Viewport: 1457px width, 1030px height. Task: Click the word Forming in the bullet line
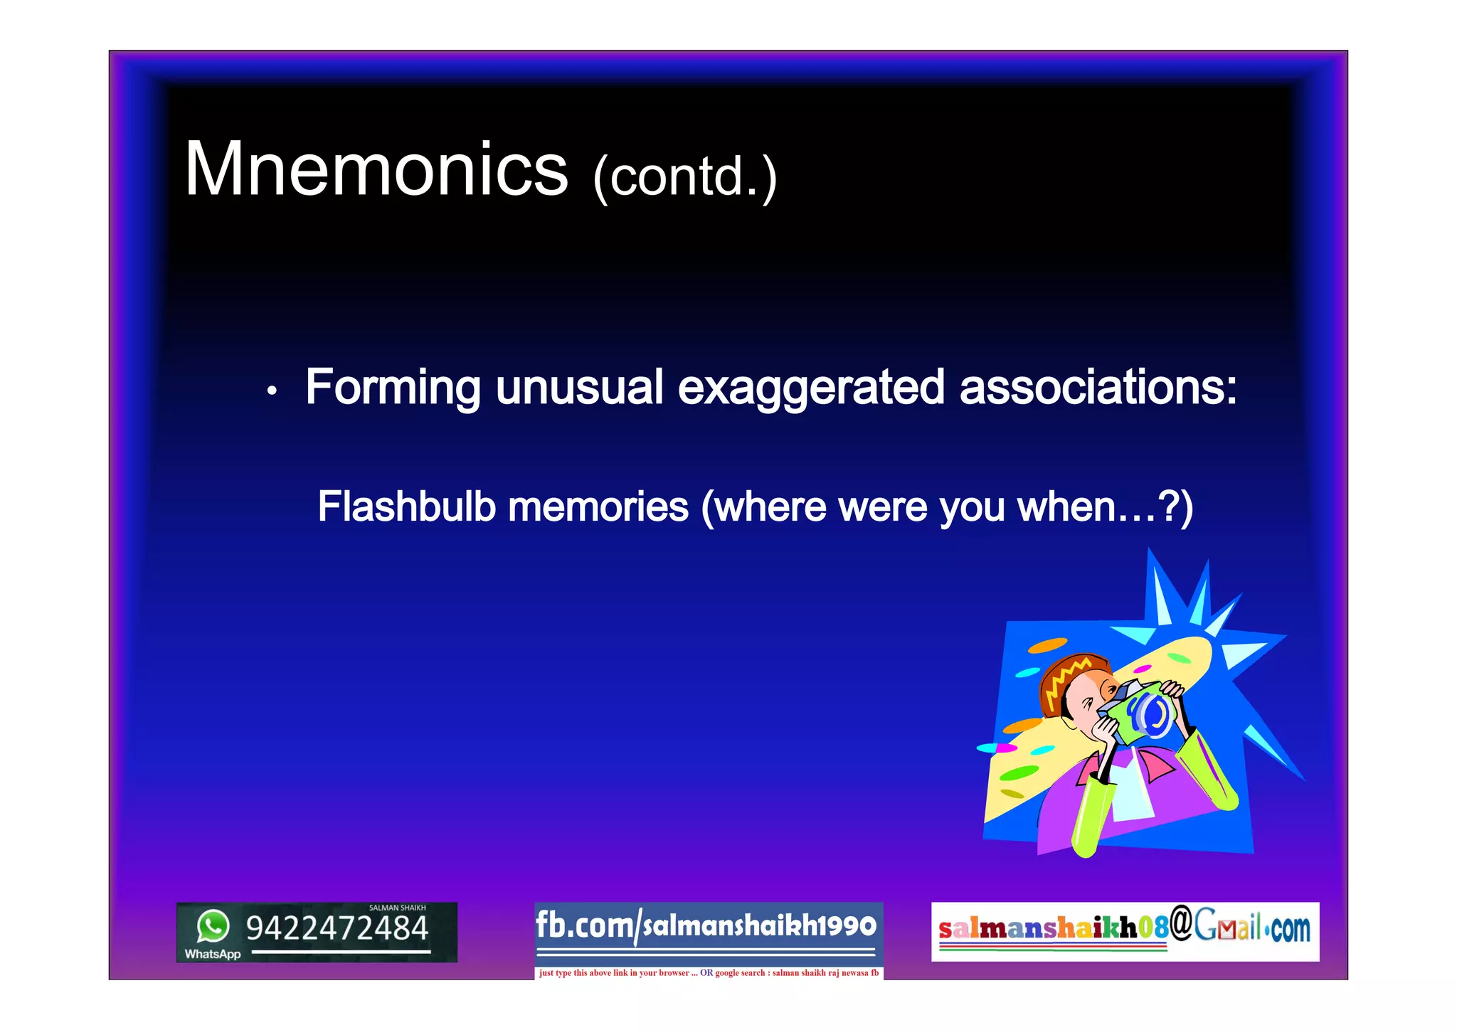[393, 388]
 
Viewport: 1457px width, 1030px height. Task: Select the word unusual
[579, 388]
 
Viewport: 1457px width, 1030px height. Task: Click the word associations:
[1098, 388]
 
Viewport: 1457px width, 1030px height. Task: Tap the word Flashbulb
[406, 506]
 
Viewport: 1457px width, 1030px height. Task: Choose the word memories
[598, 506]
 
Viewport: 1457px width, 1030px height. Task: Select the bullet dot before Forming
[271, 391]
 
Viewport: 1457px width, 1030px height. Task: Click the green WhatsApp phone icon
[213, 926]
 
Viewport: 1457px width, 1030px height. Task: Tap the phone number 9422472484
[337, 929]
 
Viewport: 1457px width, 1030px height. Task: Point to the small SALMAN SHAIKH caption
[397, 908]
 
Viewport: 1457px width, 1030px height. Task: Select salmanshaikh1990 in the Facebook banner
[759, 926]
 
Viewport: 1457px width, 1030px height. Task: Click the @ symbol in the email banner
[1181, 924]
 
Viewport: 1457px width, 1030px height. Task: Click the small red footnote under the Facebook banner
[709, 973]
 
